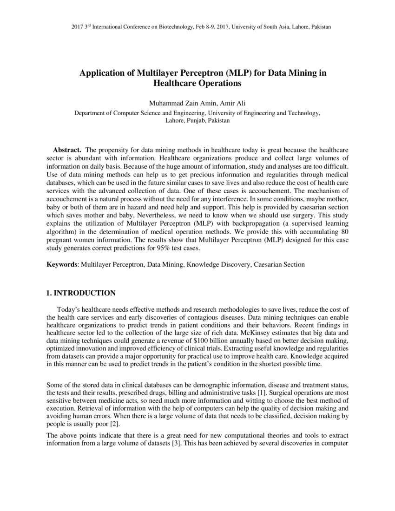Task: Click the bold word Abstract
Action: click(x=67, y=150)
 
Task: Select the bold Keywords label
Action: click(x=62, y=264)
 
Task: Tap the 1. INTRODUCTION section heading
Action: click(x=81, y=293)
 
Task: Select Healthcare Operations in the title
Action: click(x=197, y=84)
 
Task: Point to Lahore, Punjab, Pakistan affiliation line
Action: click(x=197, y=120)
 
